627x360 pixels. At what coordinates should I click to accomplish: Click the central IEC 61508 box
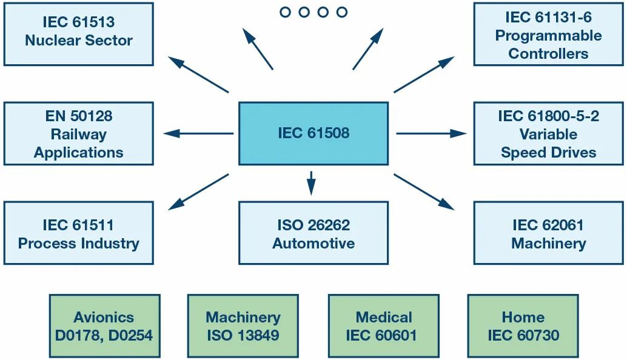click(x=313, y=133)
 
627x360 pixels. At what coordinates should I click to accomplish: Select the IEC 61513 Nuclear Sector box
click(x=79, y=34)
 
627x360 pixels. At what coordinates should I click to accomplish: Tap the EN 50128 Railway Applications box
click(x=79, y=133)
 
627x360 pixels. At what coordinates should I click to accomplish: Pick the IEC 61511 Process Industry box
click(x=79, y=233)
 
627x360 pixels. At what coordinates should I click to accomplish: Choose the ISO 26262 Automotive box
click(x=313, y=233)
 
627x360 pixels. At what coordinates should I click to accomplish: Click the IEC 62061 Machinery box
click(x=549, y=233)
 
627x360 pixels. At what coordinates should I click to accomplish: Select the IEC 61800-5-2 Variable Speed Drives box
click(x=549, y=133)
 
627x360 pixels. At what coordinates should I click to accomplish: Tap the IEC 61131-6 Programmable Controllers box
click(x=549, y=34)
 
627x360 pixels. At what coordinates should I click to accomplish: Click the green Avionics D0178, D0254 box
click(x=105, y=326)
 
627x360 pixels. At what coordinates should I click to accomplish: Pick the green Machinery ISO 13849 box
click(x=243, y=326)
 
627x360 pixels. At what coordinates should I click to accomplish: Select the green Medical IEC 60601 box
click(x=384, y=326)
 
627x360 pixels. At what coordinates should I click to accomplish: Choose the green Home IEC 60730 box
click(x=523, y=326)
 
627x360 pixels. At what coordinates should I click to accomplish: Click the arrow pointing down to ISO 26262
click(x=311, y=184)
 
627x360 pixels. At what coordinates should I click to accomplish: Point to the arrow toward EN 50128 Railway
click(x=198, y=133)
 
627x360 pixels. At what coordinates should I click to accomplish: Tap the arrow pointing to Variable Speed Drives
click(x=432, y=133)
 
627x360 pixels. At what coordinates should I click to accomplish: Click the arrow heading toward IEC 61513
click(x=198, y=75)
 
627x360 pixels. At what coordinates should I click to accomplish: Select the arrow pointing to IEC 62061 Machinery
click(x=424, y=192)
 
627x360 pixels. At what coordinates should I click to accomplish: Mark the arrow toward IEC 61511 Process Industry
click(x=198, y=192)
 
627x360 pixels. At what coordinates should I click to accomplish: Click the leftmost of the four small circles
click(x=285, y=12)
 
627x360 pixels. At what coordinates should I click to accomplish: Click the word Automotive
click(x=313, y=243)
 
